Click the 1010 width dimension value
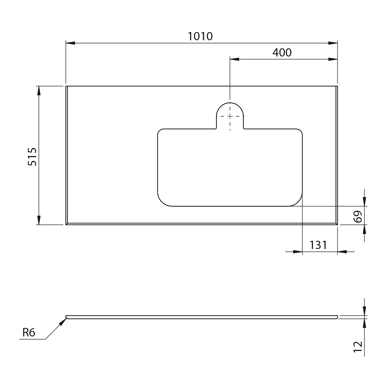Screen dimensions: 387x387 tap(200, 36)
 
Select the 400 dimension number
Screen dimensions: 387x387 tap(282, 53)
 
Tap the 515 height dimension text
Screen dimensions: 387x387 tap(33, 157)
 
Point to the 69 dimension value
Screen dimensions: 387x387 tap(358, 216)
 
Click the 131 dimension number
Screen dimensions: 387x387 tap(318, 245)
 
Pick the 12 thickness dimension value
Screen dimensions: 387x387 tap(358, 347)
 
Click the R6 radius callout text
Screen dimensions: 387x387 tap(29, 333)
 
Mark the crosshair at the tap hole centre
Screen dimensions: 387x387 tap(230, 116)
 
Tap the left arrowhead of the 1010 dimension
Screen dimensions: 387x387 tap(70, 43)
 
